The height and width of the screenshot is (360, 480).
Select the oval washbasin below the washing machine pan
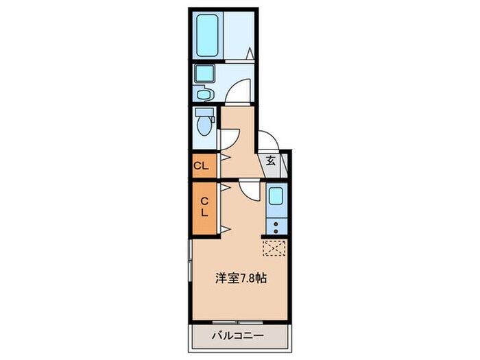click(203, 94)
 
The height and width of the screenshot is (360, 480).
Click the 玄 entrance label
click(271, 163)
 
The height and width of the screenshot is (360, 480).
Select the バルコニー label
click(237, 337)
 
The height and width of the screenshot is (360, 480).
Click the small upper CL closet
click(202, 165)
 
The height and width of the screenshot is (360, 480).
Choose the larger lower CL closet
click(204, 207)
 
